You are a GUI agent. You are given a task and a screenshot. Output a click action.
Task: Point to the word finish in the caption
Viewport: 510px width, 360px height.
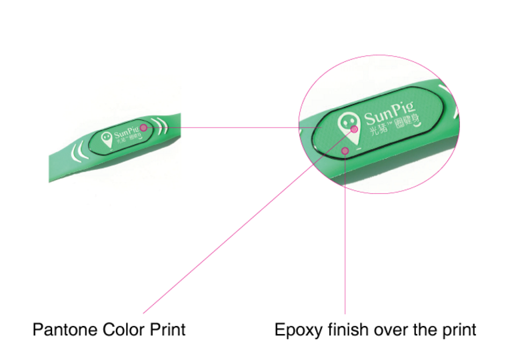pyautogui.click(x=345, y=329)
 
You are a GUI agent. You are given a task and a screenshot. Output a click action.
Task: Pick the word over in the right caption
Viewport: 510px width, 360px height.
pyautogui.click(x=387, y=329)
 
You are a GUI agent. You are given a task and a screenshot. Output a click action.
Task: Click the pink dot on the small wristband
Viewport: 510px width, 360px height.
pyautogui.click(x=143, y=127)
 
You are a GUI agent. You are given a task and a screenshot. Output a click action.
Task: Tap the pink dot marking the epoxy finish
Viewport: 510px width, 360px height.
pyautogui.click(x=345, y=151)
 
